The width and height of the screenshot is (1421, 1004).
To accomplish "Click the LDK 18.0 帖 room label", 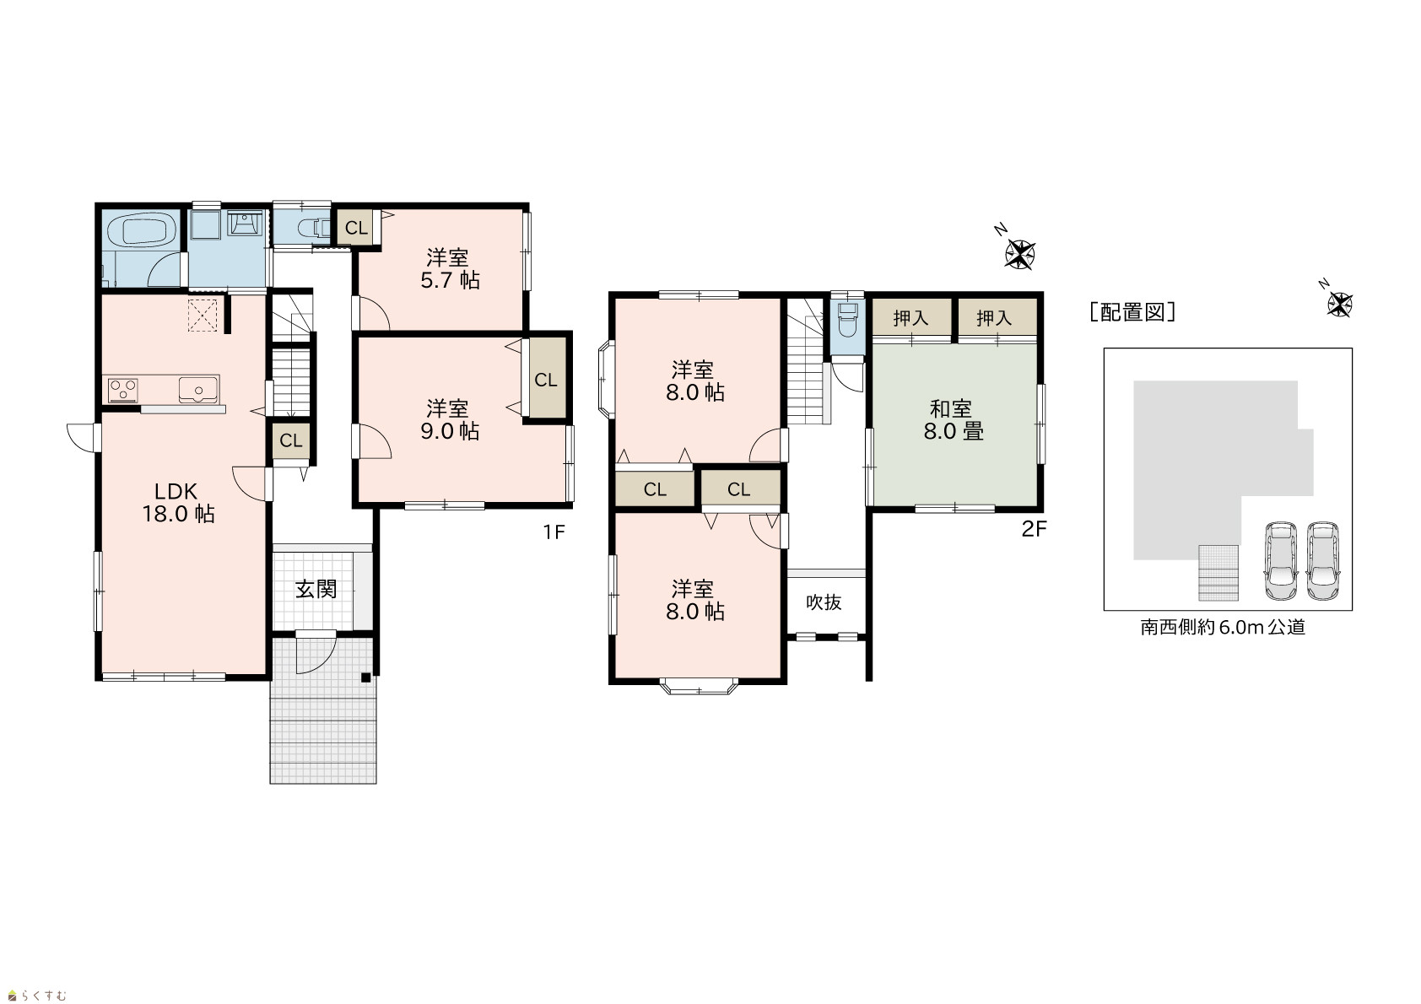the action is point(178,502).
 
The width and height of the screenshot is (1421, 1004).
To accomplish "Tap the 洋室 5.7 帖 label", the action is point(450,269).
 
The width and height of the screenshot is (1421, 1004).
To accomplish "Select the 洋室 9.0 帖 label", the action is point(450,420).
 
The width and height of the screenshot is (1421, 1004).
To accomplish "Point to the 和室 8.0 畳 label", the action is point(954,420).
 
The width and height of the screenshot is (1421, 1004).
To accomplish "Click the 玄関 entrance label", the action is point(316,589).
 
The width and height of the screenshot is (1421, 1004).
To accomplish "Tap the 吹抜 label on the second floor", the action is point(824,602).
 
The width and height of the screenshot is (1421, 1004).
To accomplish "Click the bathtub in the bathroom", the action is point(142,229).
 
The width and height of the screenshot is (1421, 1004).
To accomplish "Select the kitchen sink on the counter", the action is point(198,390).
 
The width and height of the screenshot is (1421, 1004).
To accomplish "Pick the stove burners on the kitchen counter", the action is point(122,390).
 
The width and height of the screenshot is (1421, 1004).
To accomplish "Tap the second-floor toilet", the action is point(847,321).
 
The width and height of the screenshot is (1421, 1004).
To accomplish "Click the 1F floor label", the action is point(554,532).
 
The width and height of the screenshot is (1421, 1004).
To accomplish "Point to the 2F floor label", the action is point(1034,529).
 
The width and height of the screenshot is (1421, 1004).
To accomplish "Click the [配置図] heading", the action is point(1133,312).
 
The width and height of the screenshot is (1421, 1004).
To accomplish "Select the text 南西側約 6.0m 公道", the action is point(1223,627).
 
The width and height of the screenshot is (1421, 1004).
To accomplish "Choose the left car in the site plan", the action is point(1282,561).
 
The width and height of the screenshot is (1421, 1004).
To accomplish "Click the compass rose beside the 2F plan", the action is point(1019,254).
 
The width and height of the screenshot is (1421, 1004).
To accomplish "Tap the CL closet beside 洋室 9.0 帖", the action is point(546,380).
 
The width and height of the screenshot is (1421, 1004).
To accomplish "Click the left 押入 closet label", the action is point(911,318).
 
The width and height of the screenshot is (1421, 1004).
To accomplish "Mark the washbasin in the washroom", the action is point(245,224).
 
